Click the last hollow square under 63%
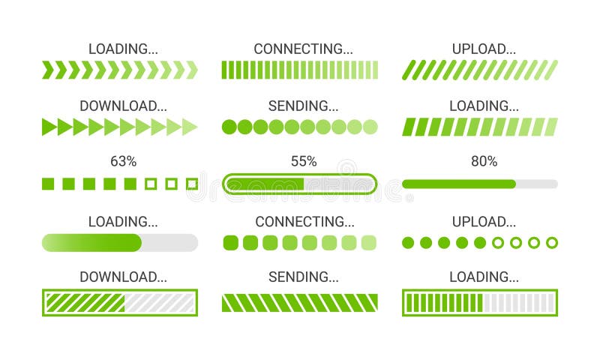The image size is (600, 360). tap(192, 184)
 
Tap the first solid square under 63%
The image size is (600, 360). tap(49, 184)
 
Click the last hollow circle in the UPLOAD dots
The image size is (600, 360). tap(551, 242)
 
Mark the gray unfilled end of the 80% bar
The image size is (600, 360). tap(537, 184)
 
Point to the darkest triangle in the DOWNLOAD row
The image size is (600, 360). tap(49, 127)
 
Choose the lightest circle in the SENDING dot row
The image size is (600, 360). tap(370, 127)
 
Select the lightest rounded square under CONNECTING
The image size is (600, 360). tap(368, 242)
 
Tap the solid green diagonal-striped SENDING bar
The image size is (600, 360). tap(300, 303)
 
